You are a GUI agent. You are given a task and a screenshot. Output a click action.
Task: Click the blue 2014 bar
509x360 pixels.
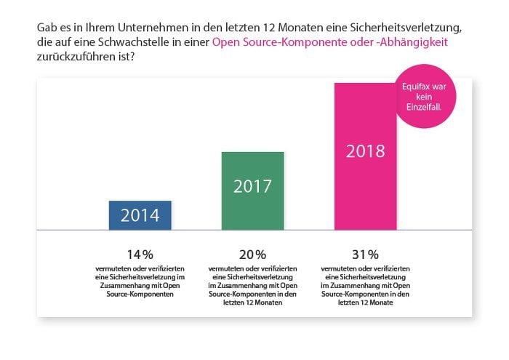pyautogui.click(x=140, y=215)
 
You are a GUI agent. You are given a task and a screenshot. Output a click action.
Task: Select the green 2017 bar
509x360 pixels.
pyautogui.click(x=252, y=191)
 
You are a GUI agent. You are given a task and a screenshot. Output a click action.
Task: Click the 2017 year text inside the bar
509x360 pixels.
pyautogui.click(x=252, y=186)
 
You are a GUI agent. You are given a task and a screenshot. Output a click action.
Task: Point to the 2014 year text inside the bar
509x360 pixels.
pyautogui.click(x=140, y=215)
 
